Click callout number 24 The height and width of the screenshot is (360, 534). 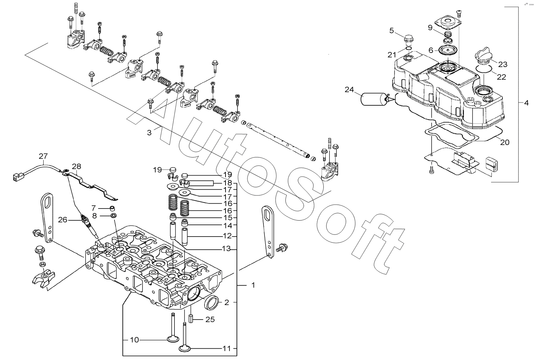pos(349,90)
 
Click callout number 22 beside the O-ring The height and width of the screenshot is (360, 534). pos(501,77)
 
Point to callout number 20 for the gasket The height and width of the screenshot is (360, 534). pos(505,142)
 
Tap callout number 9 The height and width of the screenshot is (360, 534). pos(430,28)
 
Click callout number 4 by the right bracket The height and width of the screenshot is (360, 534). pos(526,103)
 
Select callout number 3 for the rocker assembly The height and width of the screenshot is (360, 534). pos(149,133)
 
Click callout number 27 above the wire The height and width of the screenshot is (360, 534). pos(43,156)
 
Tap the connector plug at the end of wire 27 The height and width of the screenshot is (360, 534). pos(18,177)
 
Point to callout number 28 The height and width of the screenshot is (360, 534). pos(77,166)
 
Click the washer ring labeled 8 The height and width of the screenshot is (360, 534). pos(114,216)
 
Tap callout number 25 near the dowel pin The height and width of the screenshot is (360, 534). pos(210,319)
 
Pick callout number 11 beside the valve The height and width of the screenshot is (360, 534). pos(227,349)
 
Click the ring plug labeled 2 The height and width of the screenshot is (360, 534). pos(211,303)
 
